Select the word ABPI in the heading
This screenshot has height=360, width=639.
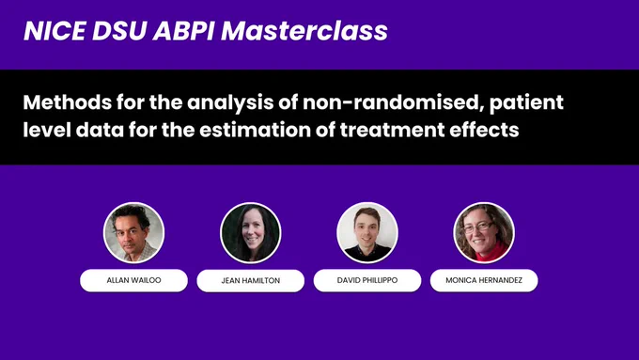[x=183, y=31]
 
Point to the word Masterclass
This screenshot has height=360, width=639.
[x=304, y=31]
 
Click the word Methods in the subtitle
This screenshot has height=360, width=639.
[x=68, y=102]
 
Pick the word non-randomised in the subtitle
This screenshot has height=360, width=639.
[x=393, y=102]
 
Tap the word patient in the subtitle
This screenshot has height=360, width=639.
[x=526, y=103]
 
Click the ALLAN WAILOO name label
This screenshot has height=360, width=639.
[x=133, y=280]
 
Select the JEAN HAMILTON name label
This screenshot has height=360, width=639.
[x=251, y=280]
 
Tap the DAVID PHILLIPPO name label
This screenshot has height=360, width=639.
[x=367, y=280]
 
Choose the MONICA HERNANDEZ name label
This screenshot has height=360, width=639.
[x=484, y=280]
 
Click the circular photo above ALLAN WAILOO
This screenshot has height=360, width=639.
[x=133, y=232]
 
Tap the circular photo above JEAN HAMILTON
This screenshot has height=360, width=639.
[x=251, y=233]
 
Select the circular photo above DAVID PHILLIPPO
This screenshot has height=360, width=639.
[x=367, y=232]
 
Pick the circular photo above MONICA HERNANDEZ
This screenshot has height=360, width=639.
[x=484, y=232]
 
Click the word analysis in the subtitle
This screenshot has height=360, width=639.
[x=230, y=103]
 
